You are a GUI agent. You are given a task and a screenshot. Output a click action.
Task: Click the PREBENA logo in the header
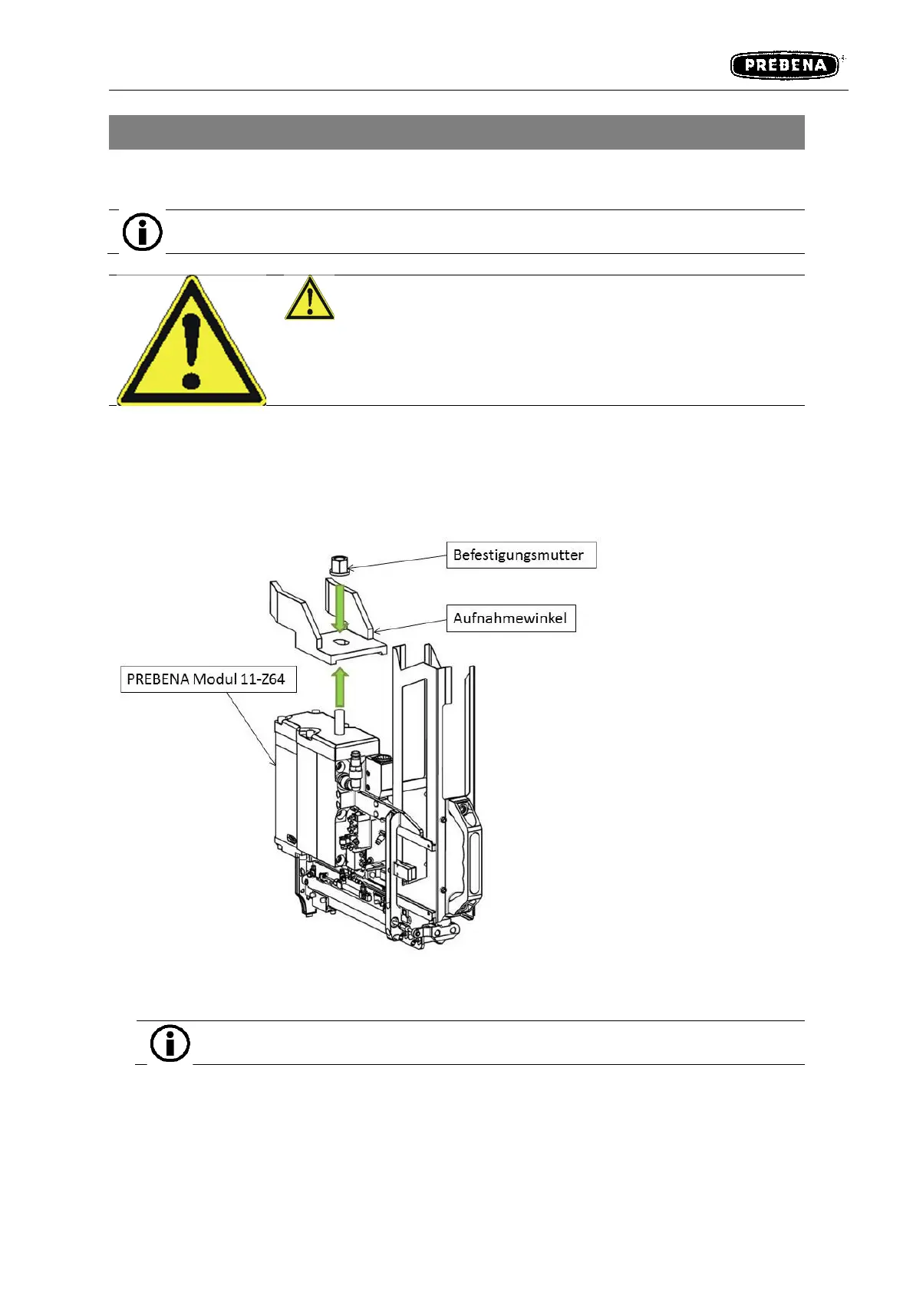[784, 65]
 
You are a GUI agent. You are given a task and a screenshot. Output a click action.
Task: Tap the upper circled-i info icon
[143, 232]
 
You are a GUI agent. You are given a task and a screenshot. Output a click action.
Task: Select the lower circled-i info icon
[170, 1043]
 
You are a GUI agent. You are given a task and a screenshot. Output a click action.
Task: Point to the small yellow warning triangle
[309, 299]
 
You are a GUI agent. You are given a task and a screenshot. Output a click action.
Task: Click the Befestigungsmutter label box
[521, 555]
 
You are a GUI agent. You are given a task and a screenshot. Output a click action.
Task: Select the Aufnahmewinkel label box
[510, 618]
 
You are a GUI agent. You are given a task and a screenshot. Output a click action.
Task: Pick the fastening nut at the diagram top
[340, 565]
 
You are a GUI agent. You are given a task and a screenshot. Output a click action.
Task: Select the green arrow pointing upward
[341, 687]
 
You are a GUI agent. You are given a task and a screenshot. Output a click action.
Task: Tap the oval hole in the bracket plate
[341, 642]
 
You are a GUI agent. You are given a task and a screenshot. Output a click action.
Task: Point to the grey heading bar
[457, 132]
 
